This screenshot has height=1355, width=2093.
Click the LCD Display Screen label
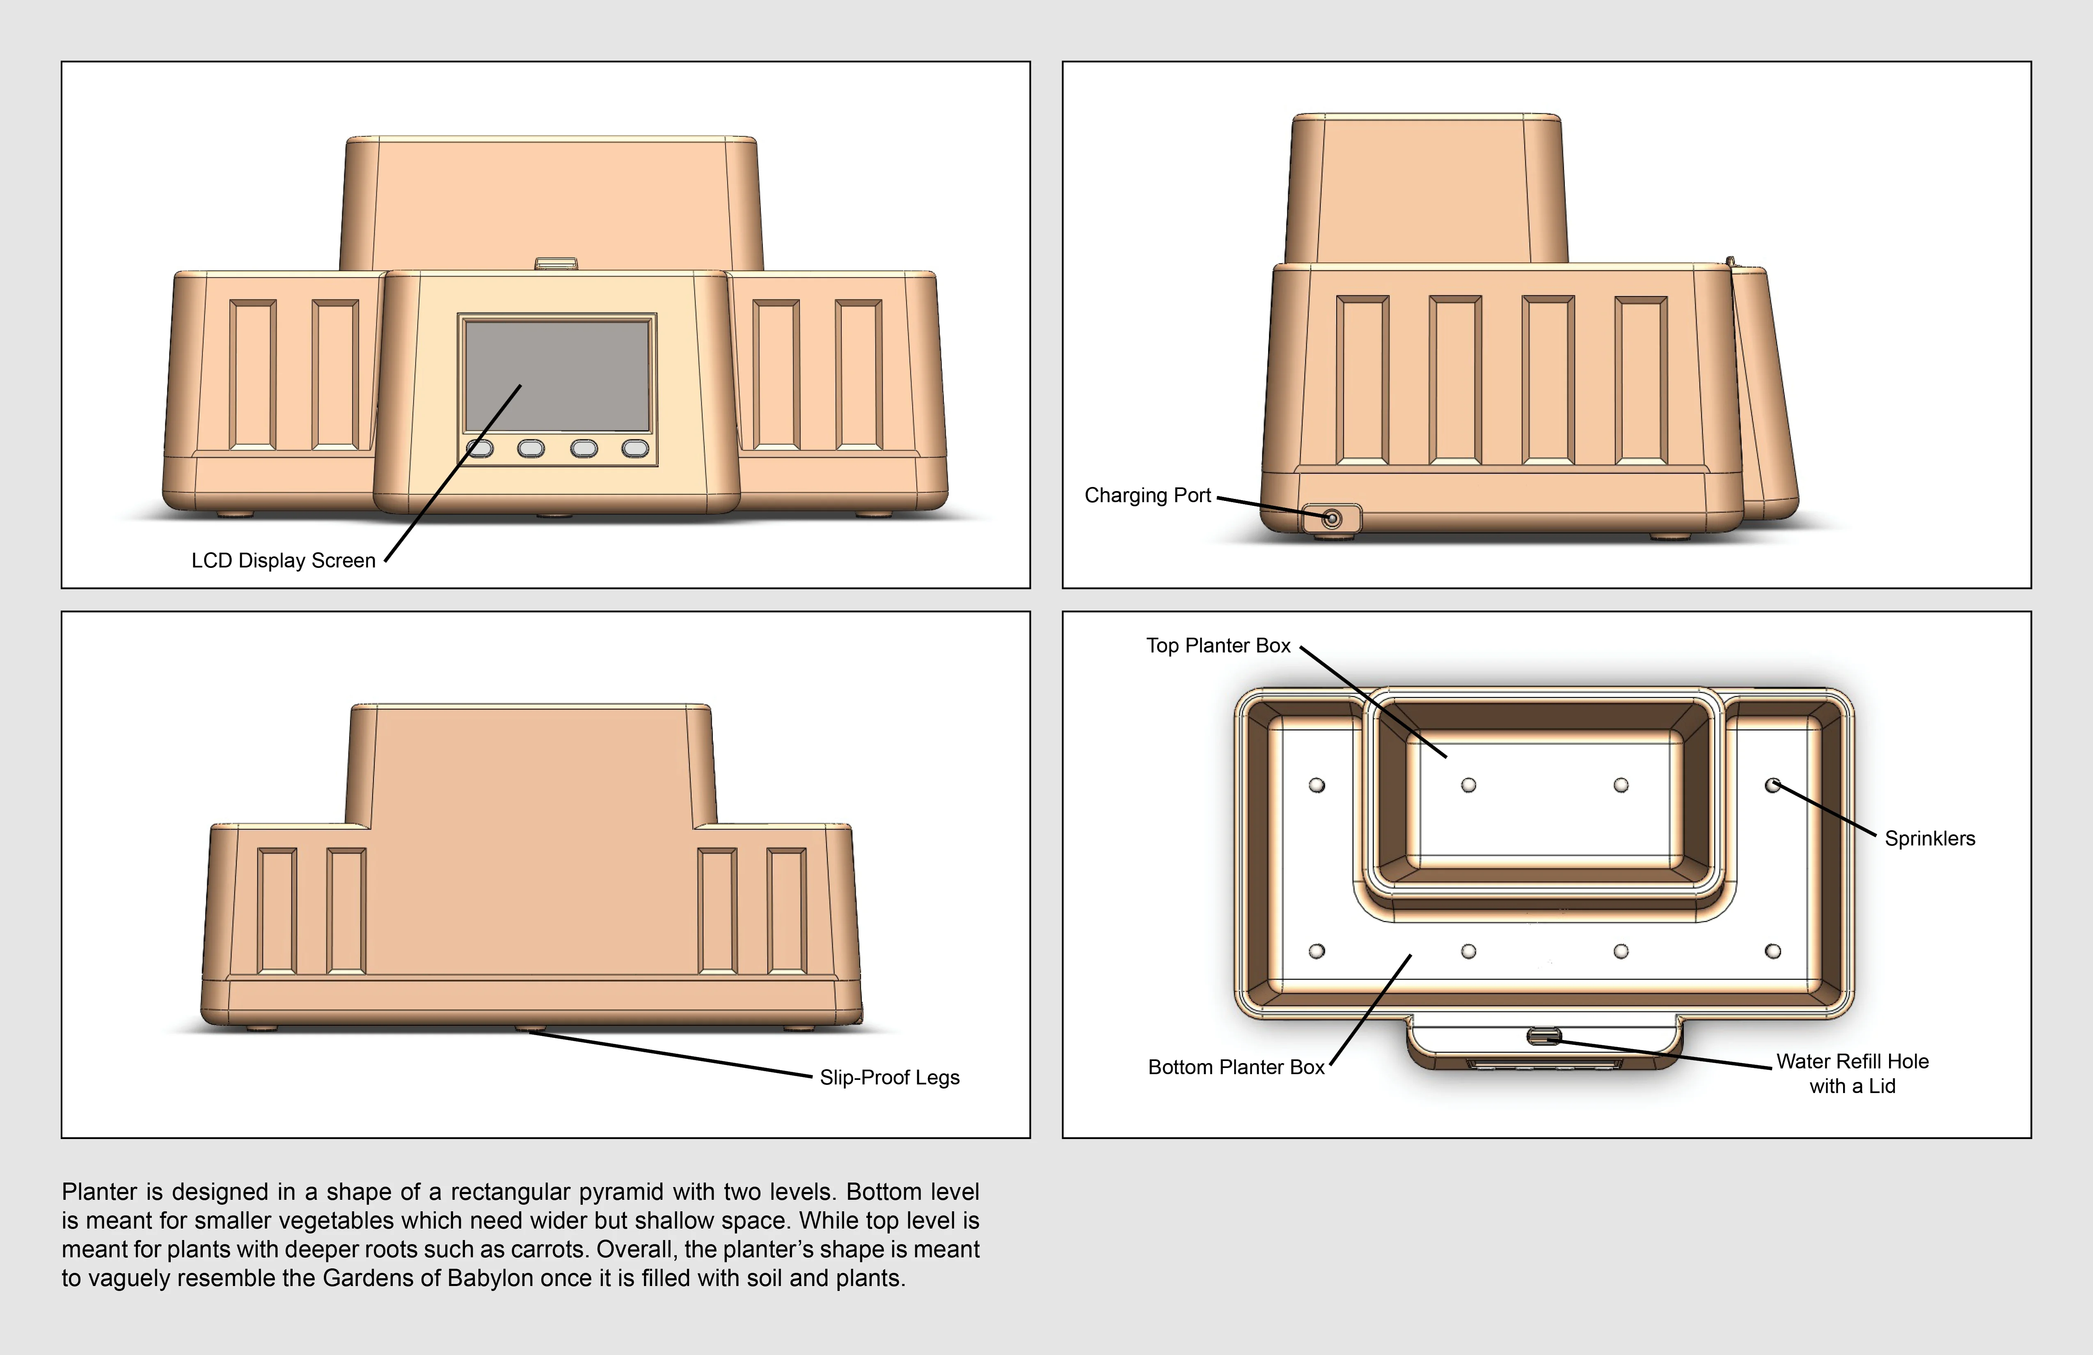click(283, 560)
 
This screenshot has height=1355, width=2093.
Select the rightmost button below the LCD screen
click(635, 449)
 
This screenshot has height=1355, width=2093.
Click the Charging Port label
click(1147, 495)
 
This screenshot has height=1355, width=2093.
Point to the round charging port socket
click(1331, 519)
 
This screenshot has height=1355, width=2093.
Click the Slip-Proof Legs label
click(889, 1078)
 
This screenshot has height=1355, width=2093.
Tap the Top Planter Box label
click(1218, 646)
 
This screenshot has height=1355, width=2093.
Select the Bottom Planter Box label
click(1236, 1067)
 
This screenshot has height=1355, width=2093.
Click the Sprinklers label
click(1929, 838)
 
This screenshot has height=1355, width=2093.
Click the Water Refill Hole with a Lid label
click(1852, 1073)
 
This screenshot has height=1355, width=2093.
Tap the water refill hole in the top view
click(1543, 1036)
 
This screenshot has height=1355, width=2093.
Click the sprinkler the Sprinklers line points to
click(1773, 785)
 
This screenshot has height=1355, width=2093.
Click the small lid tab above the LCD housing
click(556, 263)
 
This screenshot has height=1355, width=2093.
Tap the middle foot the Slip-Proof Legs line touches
click(529, 1028)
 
